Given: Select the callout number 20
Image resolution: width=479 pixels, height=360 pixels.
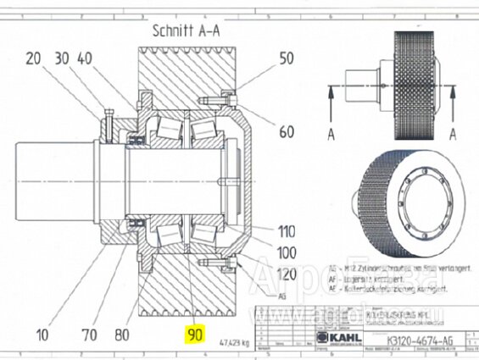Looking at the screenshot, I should coord(34,58).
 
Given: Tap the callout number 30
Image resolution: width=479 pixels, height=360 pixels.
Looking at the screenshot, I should coord(60,58).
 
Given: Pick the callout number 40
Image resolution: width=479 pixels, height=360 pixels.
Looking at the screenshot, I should coord(85,58).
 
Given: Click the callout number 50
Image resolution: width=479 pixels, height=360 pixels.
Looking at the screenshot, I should coord(287,58).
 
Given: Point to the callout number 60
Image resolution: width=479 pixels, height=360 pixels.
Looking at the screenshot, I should coord(287,131).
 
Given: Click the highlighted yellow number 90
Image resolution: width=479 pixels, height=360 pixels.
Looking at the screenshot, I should coord(196,334).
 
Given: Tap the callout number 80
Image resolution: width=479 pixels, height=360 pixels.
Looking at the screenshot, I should coord(121,334).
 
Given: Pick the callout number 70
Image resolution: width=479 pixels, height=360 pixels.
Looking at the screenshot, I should coord(84,334).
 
